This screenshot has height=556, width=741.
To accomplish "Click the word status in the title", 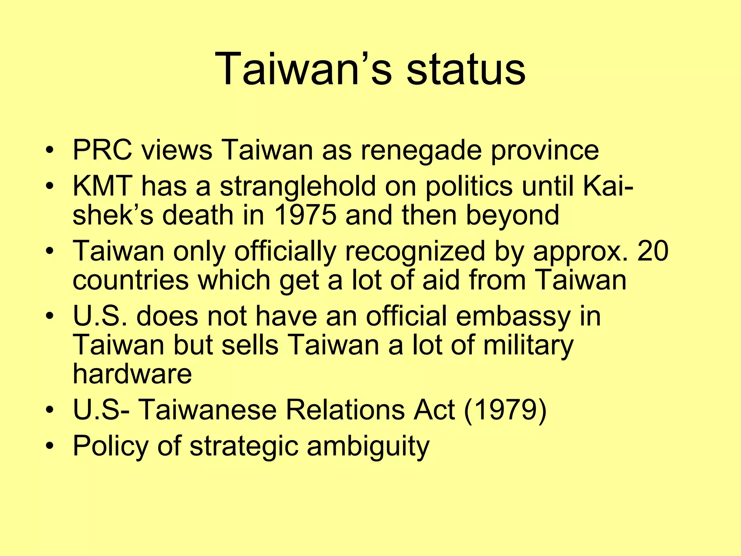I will click(x=466, y=69).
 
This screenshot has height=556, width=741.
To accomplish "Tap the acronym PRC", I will click(x=102, y=150).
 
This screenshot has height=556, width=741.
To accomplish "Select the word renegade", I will click(x=421, y=151).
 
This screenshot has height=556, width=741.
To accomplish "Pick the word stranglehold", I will click(x=298, y=187).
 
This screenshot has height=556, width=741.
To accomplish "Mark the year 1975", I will click(x=305, y=215).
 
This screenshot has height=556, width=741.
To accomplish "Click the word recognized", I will click(x=415, y=251).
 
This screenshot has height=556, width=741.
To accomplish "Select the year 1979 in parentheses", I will click(x=505, y=410).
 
